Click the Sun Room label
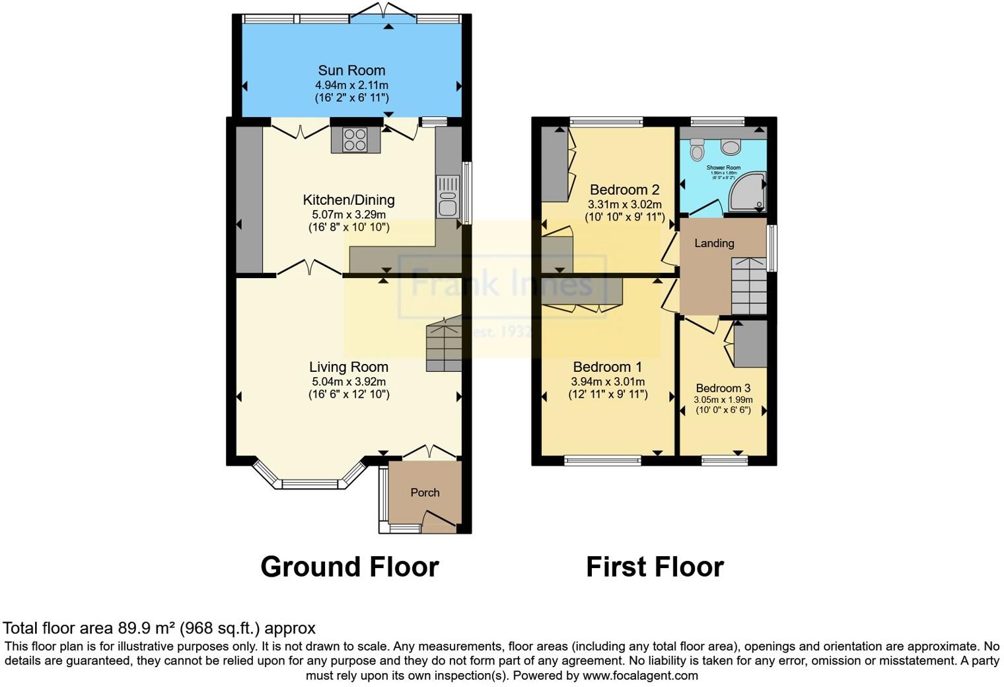pos(351,71)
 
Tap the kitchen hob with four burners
pos(355,139)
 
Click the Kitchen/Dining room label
pos(349,200)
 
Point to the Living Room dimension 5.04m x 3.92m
pos(349,382)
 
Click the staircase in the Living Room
pos(444,346)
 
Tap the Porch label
pos(425,493)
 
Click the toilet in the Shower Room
pos(697,151)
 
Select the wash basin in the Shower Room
pos(731,147)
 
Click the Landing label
pos(714,243)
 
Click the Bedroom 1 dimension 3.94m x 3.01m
pos(608,382)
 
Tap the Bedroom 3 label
pos(723,388)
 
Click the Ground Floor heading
pos(349,567)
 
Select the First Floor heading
pos(655,567)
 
